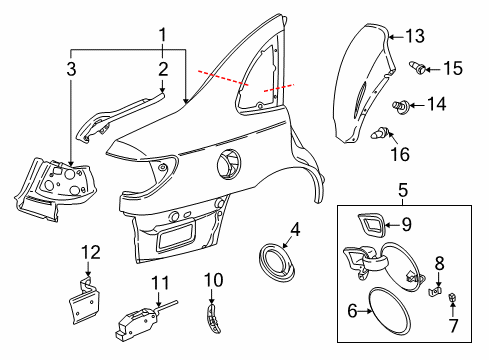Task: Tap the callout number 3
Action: tap(71, 68)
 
